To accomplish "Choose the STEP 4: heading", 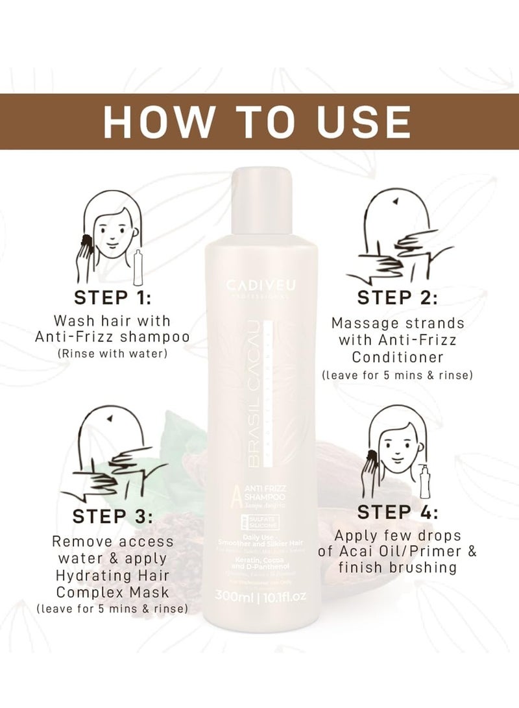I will coord(397,513).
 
